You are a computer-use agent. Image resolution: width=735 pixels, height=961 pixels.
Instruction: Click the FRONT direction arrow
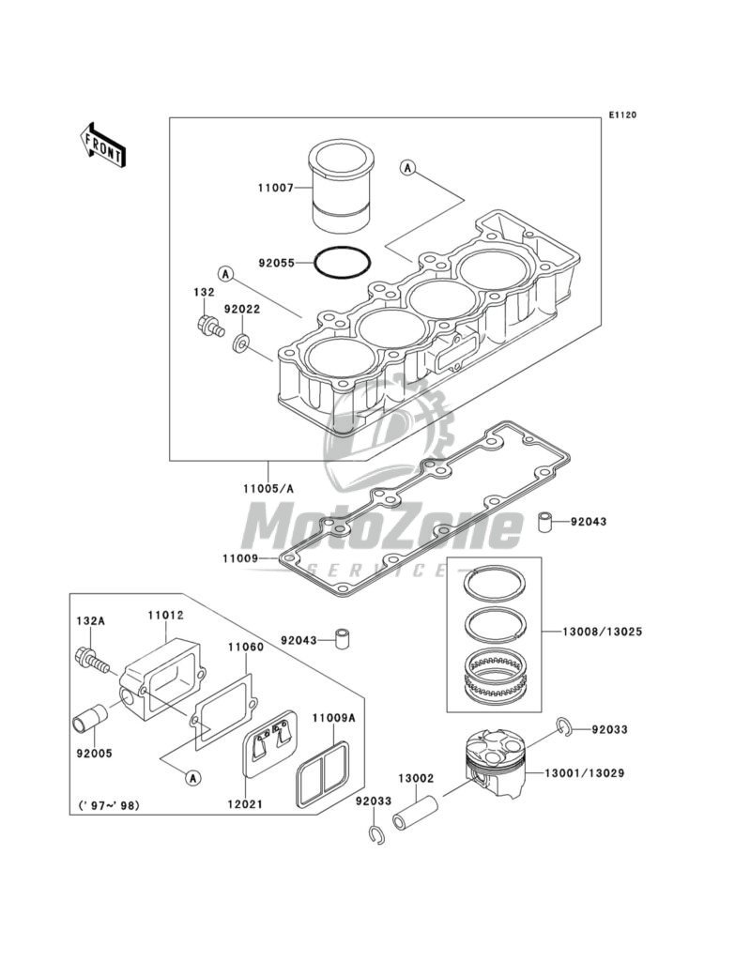[102, 145]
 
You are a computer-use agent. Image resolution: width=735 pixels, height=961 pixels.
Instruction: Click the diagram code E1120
[622, 114]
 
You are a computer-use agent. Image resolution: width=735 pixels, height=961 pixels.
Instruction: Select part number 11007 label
[276, 189]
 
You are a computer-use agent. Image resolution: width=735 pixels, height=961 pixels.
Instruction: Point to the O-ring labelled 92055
[343, 248]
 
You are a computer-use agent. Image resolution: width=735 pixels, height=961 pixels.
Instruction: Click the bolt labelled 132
[209, 324]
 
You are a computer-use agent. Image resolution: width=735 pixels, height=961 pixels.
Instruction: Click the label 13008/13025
[594, 632]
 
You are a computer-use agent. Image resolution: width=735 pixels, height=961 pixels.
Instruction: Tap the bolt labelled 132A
[92, 661]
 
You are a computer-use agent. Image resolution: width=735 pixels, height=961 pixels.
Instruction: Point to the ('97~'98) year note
[109, 804]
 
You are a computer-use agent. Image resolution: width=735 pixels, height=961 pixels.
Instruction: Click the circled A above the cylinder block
[406, 167]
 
